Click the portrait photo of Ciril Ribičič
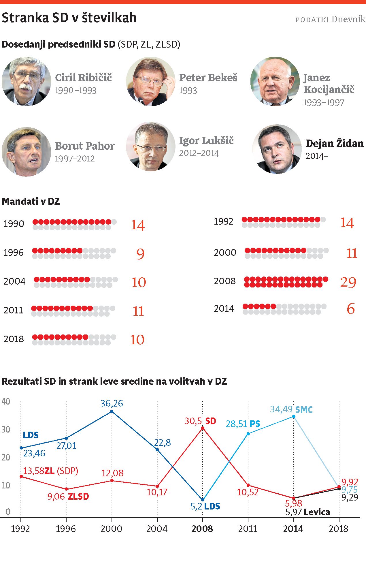click(26, 81)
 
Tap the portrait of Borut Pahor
click(26, 152)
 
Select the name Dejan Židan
click(334, 143)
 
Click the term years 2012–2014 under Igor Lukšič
click(199, 153)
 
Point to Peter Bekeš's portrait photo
click(150, 81)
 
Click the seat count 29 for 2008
click(348, 282)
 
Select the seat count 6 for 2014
click(350, 309)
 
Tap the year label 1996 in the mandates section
click(14, 253)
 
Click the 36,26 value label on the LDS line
click(112, 403)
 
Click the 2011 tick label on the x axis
click(248, 529)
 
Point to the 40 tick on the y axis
click(6, 401)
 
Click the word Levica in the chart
click(317, 512)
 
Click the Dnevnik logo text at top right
click(348, 19)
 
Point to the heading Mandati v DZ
click(31, 201)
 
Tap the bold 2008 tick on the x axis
click(202, 529)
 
